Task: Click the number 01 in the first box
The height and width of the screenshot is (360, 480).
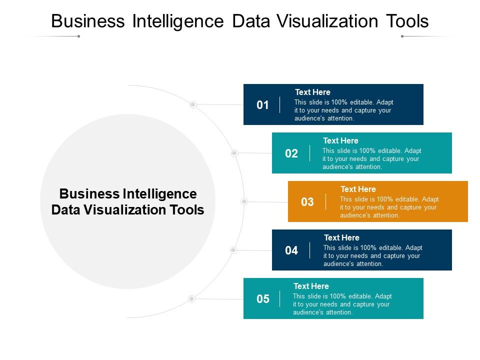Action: tap(262, 105)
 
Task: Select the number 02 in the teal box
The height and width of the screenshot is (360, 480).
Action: tap(291, 153)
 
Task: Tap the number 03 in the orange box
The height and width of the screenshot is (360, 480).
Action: tap(307, 202)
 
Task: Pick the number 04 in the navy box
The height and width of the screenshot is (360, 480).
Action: tap(291, 250)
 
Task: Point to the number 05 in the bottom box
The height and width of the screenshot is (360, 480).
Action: tap(262, 299)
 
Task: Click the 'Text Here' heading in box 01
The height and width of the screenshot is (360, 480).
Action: tap(312, 92)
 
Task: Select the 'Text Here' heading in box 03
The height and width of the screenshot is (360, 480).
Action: tap(358, 189)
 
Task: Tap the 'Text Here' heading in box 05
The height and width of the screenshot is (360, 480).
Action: tap(311, 286)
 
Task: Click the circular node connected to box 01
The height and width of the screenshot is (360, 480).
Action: tap(193, 104)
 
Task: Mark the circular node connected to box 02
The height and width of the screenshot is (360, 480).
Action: tap(234, 153)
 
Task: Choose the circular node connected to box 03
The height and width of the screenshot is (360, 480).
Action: tap(244, 201)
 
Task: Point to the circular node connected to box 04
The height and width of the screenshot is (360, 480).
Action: tap(233, 250)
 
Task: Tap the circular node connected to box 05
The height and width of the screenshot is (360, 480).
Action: tap(191, 298)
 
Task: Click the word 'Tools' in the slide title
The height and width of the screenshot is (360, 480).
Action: tap(407, 21)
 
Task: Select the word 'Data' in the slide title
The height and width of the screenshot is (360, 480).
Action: tap(251, 21)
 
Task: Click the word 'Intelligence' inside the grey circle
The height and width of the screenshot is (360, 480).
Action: tap(160, 194)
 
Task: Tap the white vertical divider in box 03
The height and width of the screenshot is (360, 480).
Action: tap(325, 201)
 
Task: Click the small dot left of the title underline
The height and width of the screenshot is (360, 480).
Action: tap(78, 36)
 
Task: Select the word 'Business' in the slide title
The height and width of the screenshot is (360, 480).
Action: tap(88, 21)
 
